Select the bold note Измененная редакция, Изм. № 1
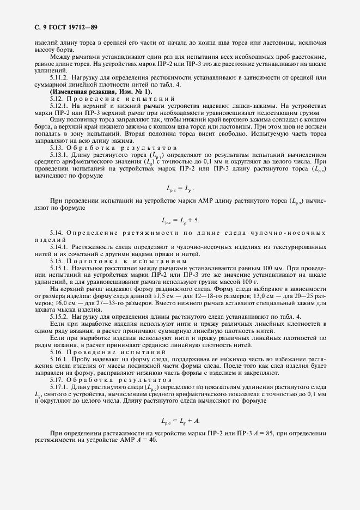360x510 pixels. (86, 92)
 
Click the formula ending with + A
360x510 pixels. (180, 420)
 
